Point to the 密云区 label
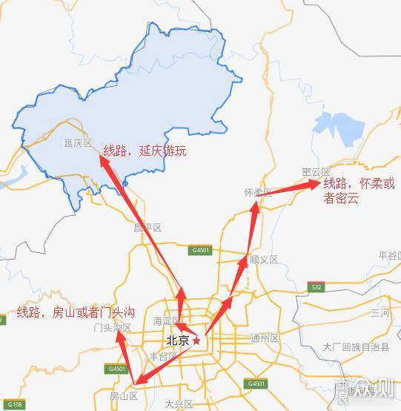pos(316,172)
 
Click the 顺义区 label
pos(264,260)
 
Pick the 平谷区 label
pos(388,255)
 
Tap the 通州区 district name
pos(264,338)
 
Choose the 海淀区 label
pos(166,321)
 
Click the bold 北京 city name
pos(177,341)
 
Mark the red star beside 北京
pos(196,341)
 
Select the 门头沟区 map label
pos(113,327)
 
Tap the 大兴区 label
pos(179,404)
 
